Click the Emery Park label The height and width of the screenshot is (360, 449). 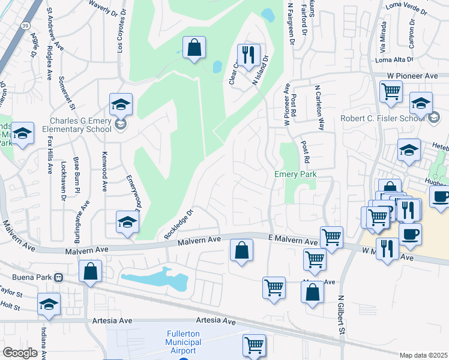coord(295,175)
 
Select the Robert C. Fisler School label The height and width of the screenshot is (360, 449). coord(382,118)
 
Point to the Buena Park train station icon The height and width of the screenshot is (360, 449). coord(59,278)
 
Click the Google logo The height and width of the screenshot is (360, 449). coord(20,352)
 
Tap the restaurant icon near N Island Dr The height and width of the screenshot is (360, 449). coord(247,55)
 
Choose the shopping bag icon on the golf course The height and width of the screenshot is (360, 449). coord(194,47)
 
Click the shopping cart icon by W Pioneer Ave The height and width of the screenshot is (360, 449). coord(391,92)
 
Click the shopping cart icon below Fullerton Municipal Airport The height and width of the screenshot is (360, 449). coord(254,345)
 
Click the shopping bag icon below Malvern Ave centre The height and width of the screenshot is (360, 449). coord(241,250)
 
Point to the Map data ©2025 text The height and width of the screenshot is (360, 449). coord(423,355)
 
